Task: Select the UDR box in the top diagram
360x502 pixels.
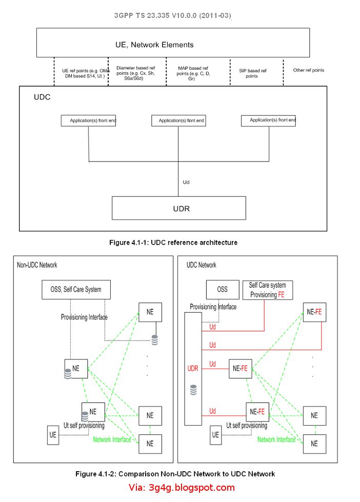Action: [x=178, y=208]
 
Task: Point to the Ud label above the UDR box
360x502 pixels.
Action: [x=187, y=182]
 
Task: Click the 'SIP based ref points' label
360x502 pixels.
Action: [x=253, y=73]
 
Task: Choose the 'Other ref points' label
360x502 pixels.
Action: [x=308, y=70]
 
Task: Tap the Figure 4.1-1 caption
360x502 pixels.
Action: [x=173, y=243]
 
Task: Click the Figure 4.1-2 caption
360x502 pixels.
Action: [x=175, y=473]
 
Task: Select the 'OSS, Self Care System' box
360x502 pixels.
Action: [x=76, y=289]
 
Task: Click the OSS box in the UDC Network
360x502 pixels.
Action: [x=222, y=289]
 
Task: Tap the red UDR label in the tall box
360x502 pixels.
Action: [x=193, y=368]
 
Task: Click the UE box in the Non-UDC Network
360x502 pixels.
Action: [x=53, y=435]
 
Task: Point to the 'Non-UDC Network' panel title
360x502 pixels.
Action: [x=37, y=265]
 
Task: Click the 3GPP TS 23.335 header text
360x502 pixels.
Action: [x=173, y=16]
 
